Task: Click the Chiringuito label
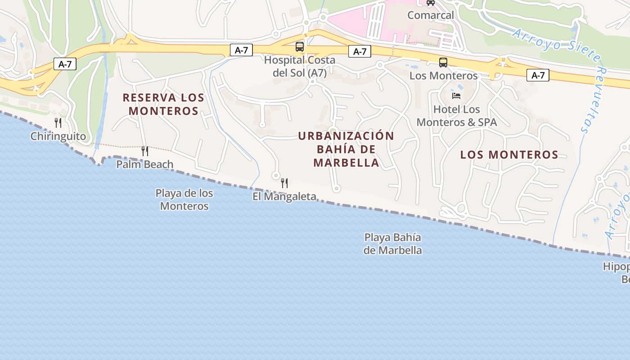click(58, 136)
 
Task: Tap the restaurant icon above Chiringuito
click(58, 122)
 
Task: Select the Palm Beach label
click(144, 164)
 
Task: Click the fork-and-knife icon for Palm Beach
click(145, 151)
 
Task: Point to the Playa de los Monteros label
click(184, 199)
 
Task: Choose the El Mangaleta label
click(284, 197)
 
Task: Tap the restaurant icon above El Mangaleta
click(284, 183)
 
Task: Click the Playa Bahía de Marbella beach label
click(393, 243)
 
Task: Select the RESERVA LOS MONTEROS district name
click(163, 104)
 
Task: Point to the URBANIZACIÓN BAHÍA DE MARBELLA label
click(346, 149)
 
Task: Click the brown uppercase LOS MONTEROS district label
click(509, 155)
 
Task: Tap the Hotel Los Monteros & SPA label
click(457, 116)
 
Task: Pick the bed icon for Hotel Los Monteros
click(456, 95)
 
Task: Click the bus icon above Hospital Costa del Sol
click(300, 46)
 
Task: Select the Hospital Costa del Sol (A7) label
click(300, 66)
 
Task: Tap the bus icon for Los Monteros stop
click(443, 63)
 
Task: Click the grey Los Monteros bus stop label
click(443, 76)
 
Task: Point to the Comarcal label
click(431, 15)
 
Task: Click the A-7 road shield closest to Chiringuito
click(65, 64)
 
